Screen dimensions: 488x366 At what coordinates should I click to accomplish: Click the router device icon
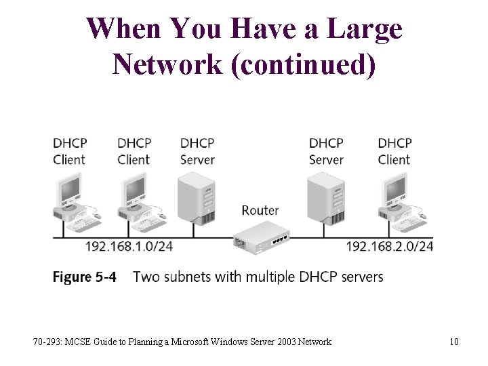(x=262, y=239)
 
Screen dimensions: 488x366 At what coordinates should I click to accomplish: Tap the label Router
(x=260, y=210)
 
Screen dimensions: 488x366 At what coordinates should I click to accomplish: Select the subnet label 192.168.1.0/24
(x=129, y=246)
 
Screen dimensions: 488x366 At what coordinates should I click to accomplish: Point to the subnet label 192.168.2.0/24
(x=390, y=246)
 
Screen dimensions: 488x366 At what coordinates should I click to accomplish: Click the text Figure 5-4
(x=85, y=277)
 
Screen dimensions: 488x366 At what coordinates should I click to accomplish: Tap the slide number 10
(x=453, y=342)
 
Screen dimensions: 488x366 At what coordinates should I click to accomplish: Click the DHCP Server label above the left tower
(x=197, y=151)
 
